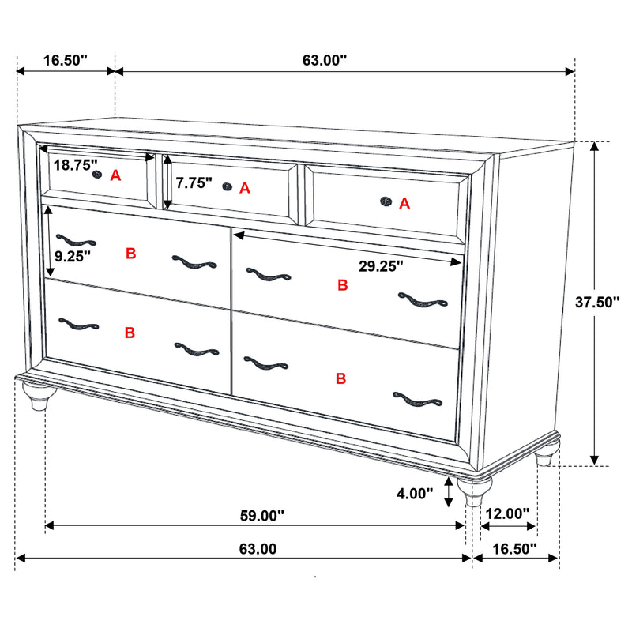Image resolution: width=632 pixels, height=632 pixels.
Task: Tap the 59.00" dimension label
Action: click(261, 516)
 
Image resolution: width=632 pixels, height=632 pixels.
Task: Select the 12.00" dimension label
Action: click(507, 513)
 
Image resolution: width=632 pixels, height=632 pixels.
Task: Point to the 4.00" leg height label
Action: click(414, 494)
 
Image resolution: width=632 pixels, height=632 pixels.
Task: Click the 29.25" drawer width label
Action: click(381, 266)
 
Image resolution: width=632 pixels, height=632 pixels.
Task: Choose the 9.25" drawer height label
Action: click(73, 255)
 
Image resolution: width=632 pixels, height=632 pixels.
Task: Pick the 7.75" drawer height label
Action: click(194, 183)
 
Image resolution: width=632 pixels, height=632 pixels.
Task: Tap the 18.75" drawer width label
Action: click(76, 165)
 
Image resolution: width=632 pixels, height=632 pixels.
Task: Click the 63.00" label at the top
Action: click(325, 60)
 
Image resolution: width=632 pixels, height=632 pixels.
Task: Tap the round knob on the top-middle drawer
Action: click(228, 186)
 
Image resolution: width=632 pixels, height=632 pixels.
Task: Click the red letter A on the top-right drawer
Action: click(404, 203)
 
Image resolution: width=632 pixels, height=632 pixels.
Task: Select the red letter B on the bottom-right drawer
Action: click(341, 379)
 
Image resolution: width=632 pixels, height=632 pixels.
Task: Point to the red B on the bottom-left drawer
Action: click(130, 333)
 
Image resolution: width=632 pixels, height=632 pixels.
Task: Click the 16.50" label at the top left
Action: click(64, 60)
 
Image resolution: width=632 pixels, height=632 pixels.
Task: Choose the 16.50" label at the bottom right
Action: click(514, 548)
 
